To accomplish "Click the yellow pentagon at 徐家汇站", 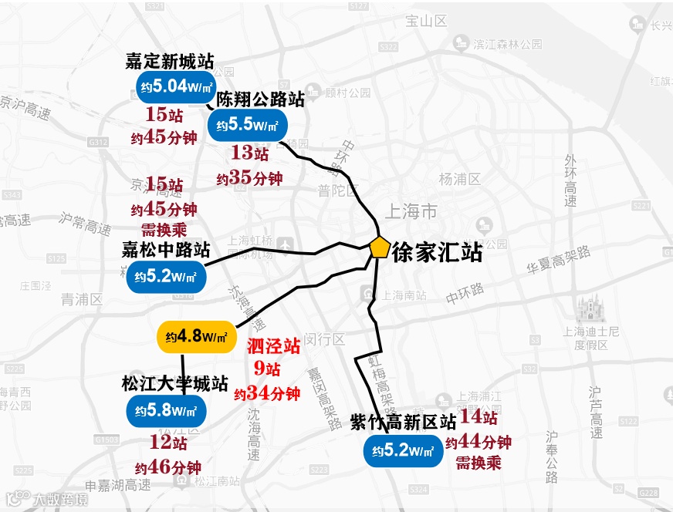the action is coord(379,247).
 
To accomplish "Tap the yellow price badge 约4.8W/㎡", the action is coord(195,337).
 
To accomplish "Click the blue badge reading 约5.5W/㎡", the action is coord(247,124).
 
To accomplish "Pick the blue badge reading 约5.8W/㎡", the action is coord(166,409).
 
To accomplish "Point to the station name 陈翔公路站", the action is coord(260,99).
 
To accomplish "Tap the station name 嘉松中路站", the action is coord(166,250).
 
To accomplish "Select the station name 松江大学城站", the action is coord(174,383).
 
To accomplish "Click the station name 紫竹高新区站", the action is coord(403,422).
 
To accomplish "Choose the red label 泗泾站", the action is coord(273,346).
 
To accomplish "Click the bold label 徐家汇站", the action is coord(438,252).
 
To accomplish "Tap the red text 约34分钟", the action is coord(266,393).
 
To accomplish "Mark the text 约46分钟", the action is coord(168,467).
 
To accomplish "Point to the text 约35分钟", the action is coord(249,178).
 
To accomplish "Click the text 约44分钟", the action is coord(479,443).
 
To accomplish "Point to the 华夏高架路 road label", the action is coord(559,261).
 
